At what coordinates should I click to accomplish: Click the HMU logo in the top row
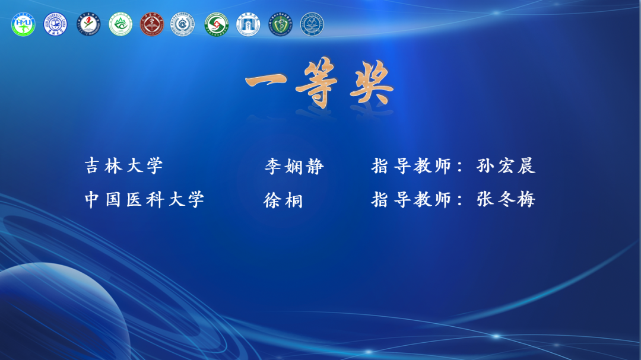(23, 24)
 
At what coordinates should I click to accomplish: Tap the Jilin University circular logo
(55, 24)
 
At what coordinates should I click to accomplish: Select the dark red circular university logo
(152, 24)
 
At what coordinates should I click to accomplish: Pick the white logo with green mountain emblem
(120, 24)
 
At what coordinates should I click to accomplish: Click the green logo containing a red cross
(216, 24)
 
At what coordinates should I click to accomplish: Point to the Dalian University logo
(312, 24)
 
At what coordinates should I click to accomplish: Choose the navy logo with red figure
(88, 24)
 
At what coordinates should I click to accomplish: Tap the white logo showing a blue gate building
(248, 24)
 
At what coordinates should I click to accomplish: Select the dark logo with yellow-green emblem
(280, 24)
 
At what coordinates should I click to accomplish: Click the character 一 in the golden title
(266, 81)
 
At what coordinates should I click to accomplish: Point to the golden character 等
(317, 83)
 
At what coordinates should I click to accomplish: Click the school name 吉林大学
(124, 166)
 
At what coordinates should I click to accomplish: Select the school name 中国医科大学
(144, 200)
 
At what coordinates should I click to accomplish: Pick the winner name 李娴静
(294, 166)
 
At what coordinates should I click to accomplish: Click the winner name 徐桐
(283, 200)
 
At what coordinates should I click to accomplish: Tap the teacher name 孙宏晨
(506, 166)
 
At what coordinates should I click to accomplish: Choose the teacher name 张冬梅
(506, 200)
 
